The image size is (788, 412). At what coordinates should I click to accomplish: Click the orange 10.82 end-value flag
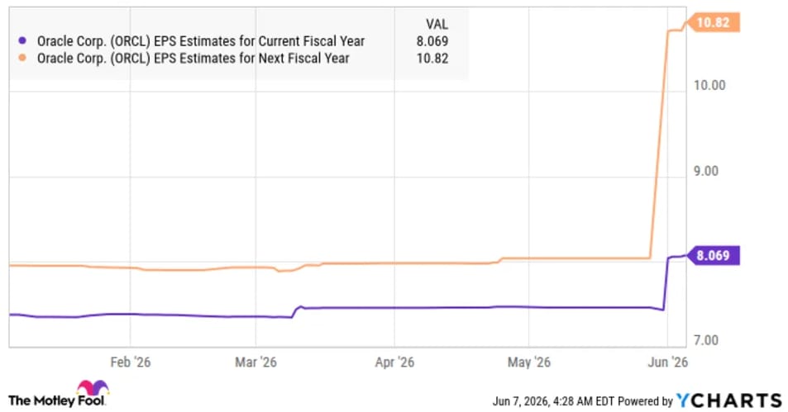(713, 22)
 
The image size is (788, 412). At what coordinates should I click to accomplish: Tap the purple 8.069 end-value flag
(713, 255)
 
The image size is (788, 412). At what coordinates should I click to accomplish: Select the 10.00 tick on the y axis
(709, 85)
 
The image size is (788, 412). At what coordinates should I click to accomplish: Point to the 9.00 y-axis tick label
(706, 171)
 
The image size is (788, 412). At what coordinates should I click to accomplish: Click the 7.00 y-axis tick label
(706, 340)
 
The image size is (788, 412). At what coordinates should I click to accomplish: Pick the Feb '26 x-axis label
(130, 362)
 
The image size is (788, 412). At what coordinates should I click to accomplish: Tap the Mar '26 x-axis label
(256, 362)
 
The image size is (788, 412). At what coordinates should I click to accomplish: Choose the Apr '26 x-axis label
(394, 362)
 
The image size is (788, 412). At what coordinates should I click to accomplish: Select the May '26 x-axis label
(528, 362)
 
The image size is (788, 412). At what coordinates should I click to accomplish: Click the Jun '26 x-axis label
(667, 362)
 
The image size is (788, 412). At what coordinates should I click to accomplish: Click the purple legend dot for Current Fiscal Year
(22, 40)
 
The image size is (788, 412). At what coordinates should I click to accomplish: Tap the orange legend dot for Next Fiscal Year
(22, 58)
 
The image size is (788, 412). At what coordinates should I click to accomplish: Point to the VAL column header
(437, 24)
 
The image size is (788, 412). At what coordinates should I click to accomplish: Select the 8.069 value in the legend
(432, 41)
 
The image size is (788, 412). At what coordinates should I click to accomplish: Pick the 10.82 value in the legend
(432, 59)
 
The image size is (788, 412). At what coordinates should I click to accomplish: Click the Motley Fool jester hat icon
(93, 388)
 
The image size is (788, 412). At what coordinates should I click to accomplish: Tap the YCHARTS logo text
(729, 400)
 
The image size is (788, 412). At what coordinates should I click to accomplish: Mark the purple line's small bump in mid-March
(300, 306)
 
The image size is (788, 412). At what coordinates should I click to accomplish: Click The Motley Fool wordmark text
(56, 400)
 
